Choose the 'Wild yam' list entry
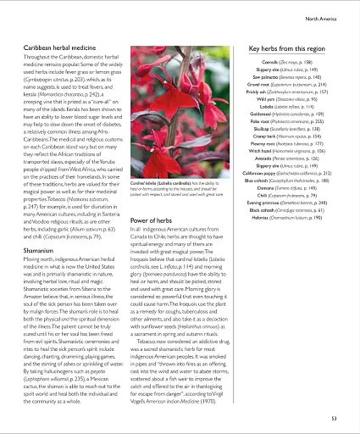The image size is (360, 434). click(x=283, y=99)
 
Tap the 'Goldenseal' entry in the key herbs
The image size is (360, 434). click(x=283, y=123)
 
